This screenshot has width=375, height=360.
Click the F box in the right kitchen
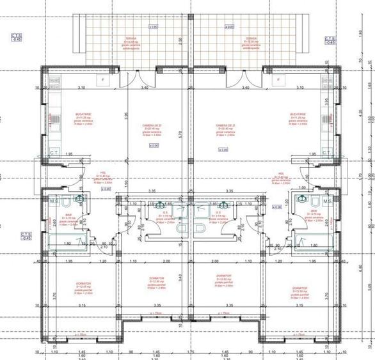click(x=278, y=80)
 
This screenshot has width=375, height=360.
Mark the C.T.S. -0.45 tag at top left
click(x=16, y=38)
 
